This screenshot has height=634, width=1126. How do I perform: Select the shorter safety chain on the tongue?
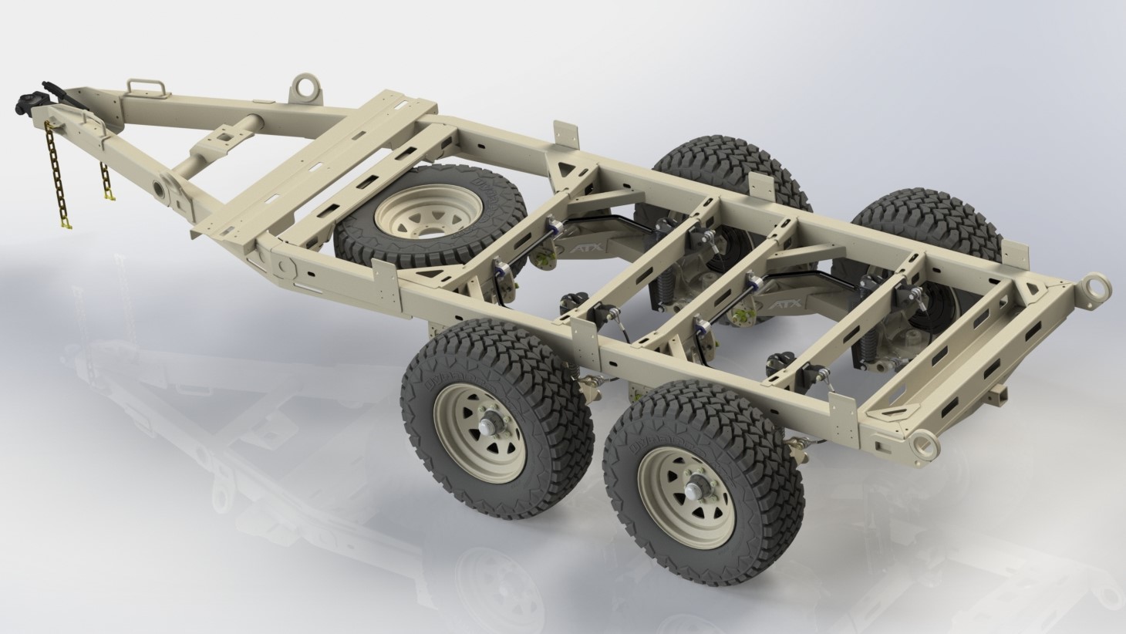106,182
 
